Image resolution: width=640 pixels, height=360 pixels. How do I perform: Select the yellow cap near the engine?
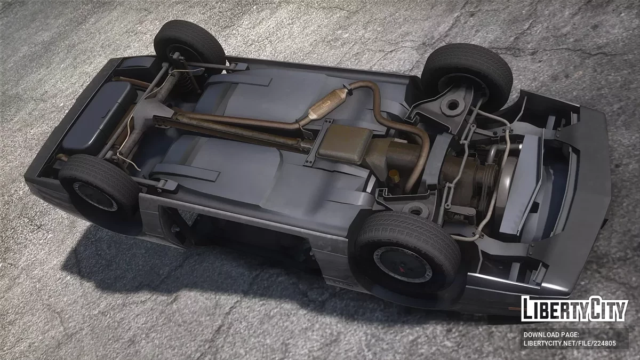point(394,174)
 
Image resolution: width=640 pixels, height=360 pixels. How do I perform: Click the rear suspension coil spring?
point(186,81)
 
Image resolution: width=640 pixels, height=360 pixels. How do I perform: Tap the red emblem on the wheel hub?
point(402,268)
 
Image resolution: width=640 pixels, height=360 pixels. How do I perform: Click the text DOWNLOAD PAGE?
point(551,334)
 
